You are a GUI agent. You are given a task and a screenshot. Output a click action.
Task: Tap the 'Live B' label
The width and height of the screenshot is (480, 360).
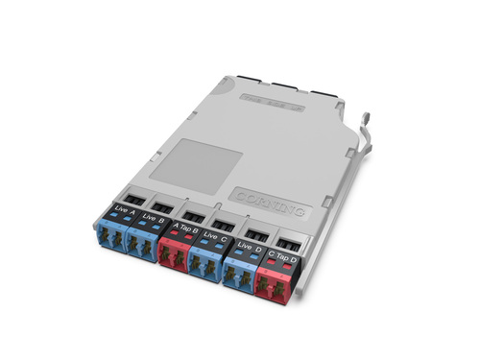[x=152, y=217]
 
